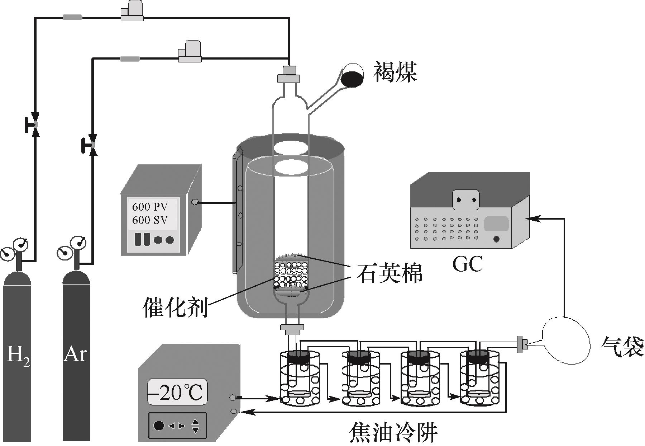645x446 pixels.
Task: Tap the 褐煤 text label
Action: (x=395, y=72)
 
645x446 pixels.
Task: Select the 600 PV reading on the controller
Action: (x=150, y=207)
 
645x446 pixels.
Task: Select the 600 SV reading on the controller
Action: (x=150, y=220)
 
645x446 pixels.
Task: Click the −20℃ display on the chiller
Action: (x=177, y=393)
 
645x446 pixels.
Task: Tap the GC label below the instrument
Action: (x=468, y=264)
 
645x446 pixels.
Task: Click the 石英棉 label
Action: (x=389, y=274)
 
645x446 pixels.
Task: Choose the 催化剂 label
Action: (x=175, y=307)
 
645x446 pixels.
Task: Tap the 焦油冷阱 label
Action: (x=393, y=433)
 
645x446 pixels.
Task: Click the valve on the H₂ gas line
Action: (x=35, y=124)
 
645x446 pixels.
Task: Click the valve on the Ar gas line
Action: (x=93, y=145)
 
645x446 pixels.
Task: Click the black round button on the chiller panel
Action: (x=159, y=426)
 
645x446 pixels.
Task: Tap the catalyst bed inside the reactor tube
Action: (x=291, y=274)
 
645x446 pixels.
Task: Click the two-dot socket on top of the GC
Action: (x=465, y=200)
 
